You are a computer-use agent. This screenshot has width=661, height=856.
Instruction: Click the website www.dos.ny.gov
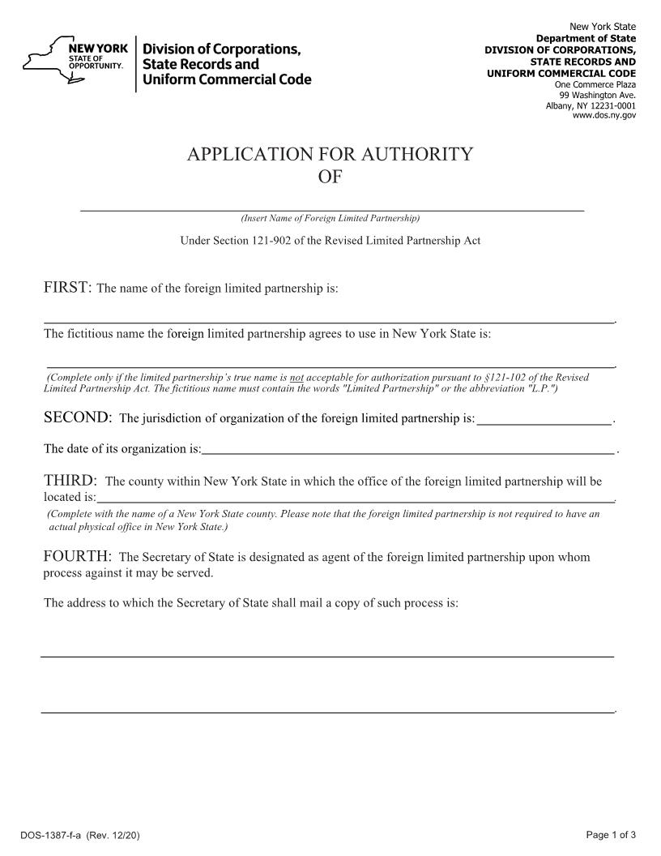(604, 116)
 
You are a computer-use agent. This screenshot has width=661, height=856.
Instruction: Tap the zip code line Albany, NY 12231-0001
(591, 105)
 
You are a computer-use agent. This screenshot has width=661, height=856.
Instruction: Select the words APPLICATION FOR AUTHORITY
(330, 155)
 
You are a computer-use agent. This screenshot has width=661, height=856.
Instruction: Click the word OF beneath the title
(330, 177)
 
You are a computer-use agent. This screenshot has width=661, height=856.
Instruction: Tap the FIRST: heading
(68, 289)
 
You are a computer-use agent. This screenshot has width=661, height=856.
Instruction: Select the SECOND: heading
(77, 417)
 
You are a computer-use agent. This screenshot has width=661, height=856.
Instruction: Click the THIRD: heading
(70, 481)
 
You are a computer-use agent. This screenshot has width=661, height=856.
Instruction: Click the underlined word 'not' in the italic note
(296, 378)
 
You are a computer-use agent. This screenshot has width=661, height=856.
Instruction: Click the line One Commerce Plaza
(595, 84)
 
